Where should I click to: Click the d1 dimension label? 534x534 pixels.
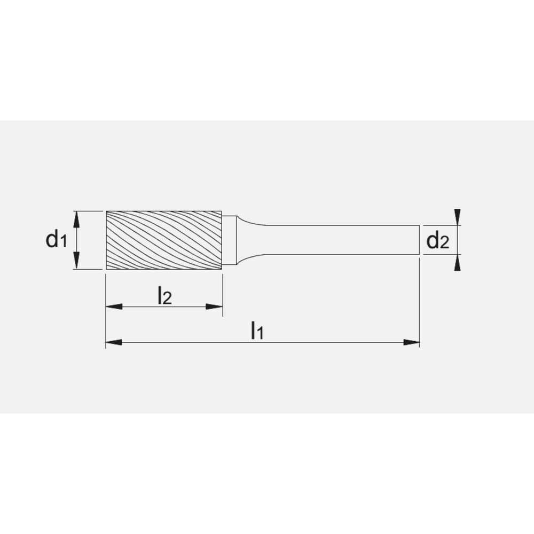tap(56, 240)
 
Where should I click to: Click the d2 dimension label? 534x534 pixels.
tap(437, 242)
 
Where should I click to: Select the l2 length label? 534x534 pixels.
tap(164, 296)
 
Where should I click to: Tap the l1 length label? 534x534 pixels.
tap(257, 332)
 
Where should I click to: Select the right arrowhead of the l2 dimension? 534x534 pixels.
tap(214, 307)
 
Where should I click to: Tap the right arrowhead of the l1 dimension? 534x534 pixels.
tap(411, 342)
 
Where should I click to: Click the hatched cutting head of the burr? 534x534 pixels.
tap(164, 240)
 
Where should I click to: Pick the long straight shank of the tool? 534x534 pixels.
tap(342, 240)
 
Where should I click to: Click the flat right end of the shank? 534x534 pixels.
tap(419, 240)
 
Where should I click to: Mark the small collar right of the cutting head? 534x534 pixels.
tap(228, 240)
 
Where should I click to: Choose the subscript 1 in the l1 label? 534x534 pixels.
tap(261, 334)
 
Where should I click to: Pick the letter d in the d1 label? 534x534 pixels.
tap(52, 239)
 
